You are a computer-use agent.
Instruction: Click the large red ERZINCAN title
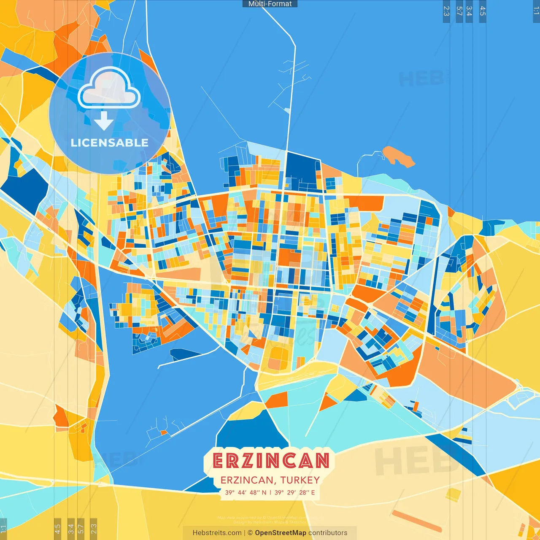(x=270, y=461)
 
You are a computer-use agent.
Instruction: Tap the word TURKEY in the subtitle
(x=300, y=480)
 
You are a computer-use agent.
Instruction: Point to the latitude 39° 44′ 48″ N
(x=246, y=492)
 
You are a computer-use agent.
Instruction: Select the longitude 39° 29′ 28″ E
(x=294, y=492)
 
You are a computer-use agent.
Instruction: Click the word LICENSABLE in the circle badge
(x=109, y=143)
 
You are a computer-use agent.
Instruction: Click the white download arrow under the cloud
(x=104, y=121)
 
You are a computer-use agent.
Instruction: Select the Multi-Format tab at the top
(x=270, y=4)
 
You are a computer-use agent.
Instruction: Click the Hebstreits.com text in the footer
(x=217, y=533)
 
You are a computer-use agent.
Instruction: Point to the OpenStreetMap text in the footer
(x=280, y=533)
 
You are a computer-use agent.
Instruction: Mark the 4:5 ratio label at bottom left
(x=57, y=528)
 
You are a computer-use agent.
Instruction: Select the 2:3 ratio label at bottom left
(x=94, y=528)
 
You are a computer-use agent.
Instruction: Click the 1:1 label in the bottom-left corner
(x=3, y=529)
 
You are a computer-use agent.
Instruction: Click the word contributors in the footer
(x=328, y=533)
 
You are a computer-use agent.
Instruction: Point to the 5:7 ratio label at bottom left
(x=81, y=528)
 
